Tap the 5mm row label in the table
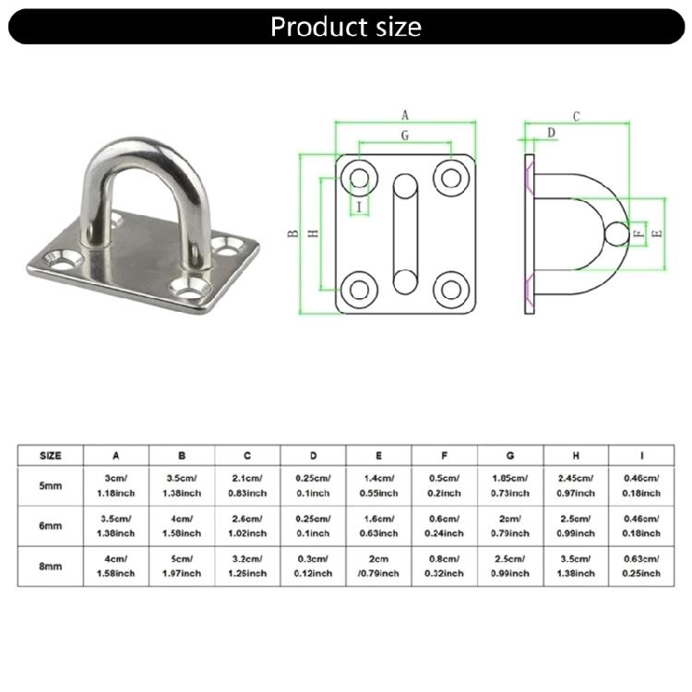[x=51, y=486]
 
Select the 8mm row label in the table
[x=51, y=567]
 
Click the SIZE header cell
[x=51, y=456]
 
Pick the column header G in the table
[x=510, y=456]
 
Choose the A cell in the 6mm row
[x=115, y=526]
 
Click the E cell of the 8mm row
[x=378, y=567]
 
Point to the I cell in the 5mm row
[x=641, y=485]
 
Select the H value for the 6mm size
[x=576, y=526]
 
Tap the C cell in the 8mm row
[x=247, y=567]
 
